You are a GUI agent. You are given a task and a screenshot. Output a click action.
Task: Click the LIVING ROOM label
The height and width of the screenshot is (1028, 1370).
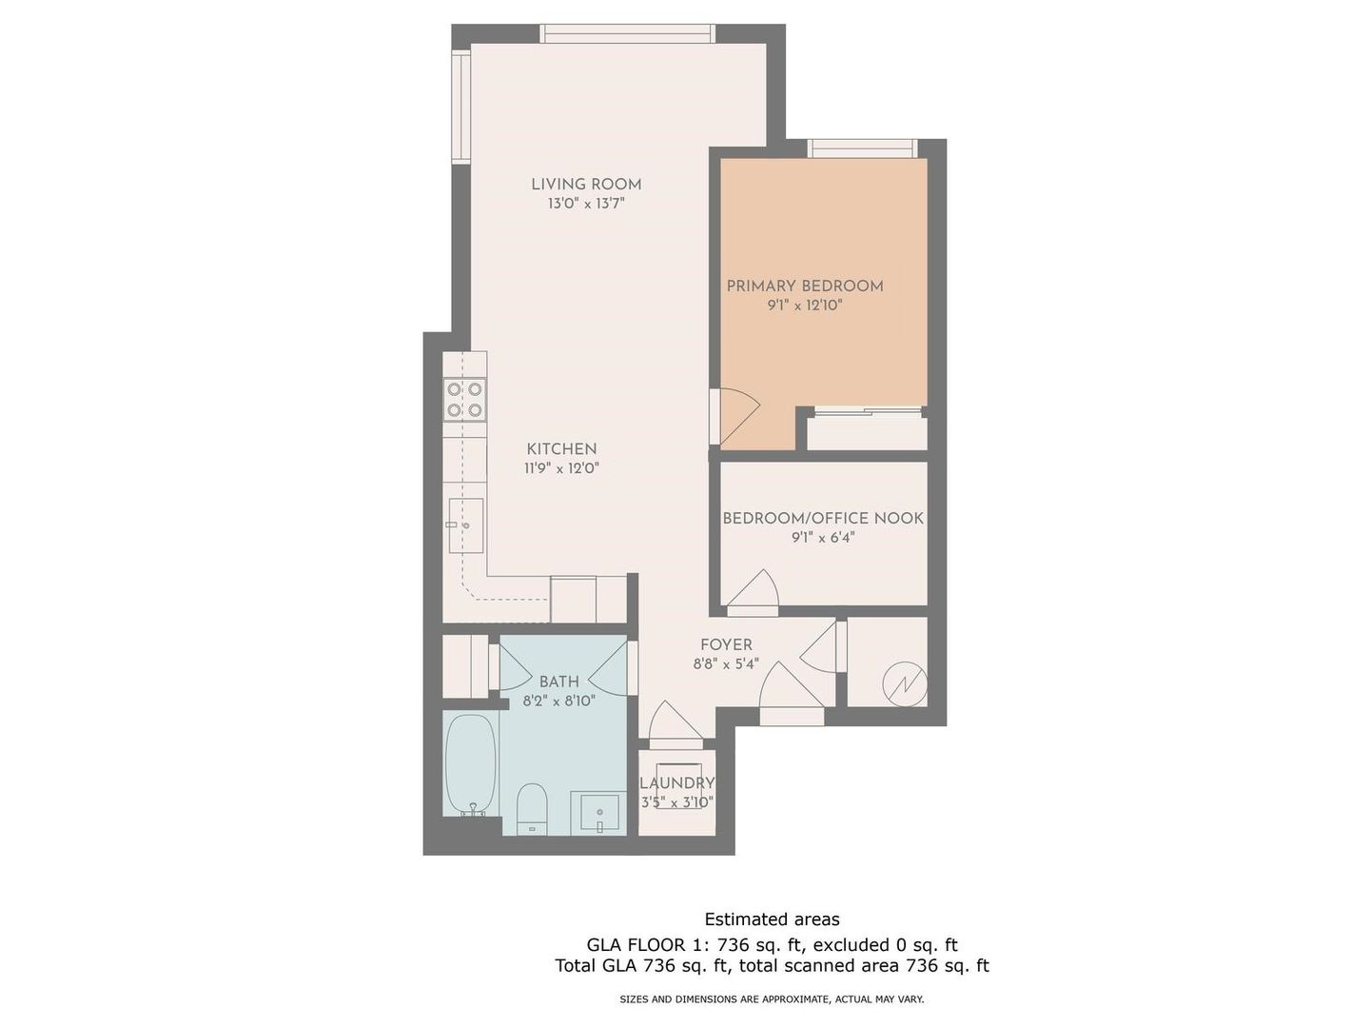[x=586, y=184]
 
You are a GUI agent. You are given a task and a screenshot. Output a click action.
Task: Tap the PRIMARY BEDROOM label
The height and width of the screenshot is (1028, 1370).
[x=805, y=286]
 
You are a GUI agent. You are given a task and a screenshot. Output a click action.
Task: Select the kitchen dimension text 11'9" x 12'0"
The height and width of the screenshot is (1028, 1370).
[x=561, y=467]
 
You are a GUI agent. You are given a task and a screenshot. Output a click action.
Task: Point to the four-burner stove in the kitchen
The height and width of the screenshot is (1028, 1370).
[x=465, y=400]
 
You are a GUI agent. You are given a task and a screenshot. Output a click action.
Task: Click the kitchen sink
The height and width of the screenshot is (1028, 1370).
[x=465, y=524]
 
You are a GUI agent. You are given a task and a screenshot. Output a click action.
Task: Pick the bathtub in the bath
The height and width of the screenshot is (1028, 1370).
[x=471, y=765]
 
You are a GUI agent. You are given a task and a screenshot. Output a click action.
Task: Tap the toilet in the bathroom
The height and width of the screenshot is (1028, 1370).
[x=533, y=808]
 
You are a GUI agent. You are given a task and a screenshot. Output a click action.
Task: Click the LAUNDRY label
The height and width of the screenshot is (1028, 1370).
[x=677, y=782]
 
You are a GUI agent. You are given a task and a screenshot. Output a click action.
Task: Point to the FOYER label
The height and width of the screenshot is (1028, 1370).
[x=726, y=644]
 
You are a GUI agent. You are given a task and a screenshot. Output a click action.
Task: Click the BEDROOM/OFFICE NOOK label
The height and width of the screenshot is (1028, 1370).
[x=823, y=518]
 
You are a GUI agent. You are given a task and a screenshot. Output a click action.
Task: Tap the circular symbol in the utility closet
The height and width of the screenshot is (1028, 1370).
[x=906, y=684]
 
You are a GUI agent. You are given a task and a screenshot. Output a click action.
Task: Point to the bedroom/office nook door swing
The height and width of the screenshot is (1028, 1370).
[x=753, y=587]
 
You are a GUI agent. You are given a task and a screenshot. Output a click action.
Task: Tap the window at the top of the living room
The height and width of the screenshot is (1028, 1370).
[x=627, y=33]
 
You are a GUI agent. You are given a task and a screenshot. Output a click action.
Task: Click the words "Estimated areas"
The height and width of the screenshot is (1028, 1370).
[x=773, y=919]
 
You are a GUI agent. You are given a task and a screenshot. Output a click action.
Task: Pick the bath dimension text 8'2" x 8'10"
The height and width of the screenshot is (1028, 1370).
[x=559, y=701]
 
